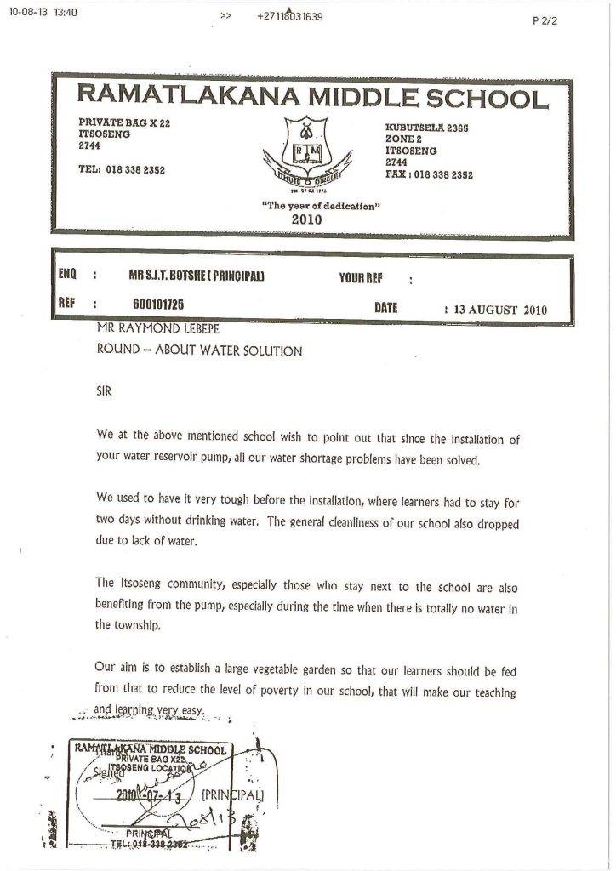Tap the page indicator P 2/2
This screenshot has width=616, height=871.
click(x=544, y=22)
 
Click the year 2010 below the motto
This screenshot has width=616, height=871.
click(x=306, y=219)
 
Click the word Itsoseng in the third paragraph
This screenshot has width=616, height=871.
click(x=140, y=588)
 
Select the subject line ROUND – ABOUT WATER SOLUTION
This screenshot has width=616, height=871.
click(x=199, y=350)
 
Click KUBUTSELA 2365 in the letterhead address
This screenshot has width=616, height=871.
click(x=428, y=127)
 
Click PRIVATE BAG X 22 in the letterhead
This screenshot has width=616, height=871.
click(x=124, y=123)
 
